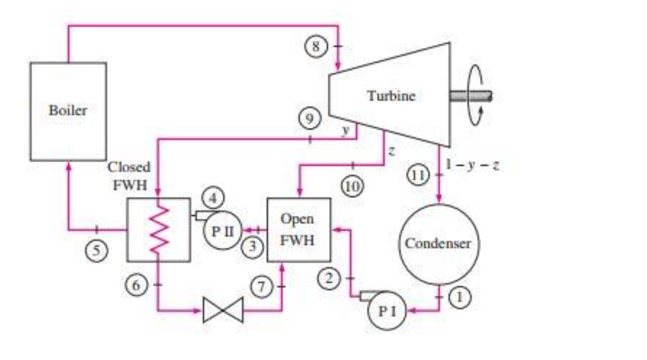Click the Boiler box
(68, 111)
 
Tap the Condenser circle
(438, 243)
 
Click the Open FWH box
(298, 229)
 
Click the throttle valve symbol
(223, 311)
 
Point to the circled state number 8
(316, 46)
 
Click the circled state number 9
(310, 120)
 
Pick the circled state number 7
(261, 287)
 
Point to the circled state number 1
(459, 297)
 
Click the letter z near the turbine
(392, 151)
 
